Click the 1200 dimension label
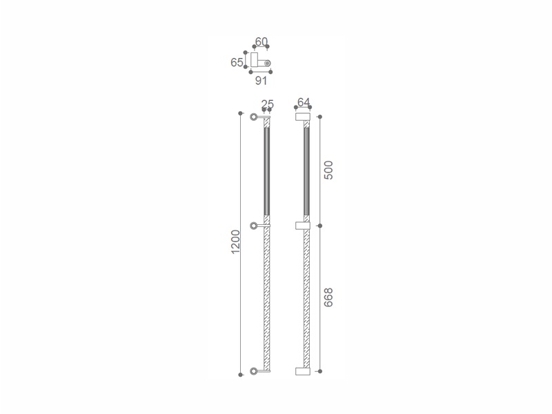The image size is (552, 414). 235,241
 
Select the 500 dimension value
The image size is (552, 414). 328,170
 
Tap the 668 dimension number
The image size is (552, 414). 328,297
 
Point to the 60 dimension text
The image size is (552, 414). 262,41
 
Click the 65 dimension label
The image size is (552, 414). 237,62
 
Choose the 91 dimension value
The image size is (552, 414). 261,81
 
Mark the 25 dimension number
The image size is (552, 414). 268,104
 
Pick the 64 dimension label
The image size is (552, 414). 304,101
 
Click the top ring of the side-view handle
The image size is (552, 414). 253,117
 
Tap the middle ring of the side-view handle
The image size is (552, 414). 253,226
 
